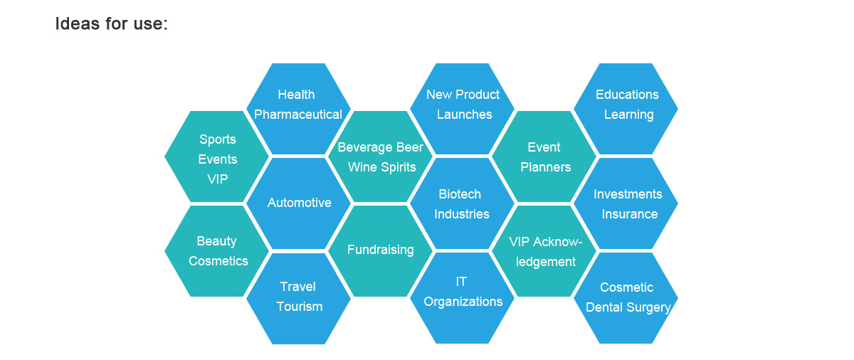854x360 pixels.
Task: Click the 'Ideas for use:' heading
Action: pyautogui.click(x=111, y=23)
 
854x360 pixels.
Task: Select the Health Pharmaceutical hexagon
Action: pyautogui.click(x=298, y=109)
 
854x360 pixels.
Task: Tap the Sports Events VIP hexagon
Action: pyautogui.click(x=216, y=157)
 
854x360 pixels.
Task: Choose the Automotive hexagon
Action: pyautogui.click(x=298, y=203)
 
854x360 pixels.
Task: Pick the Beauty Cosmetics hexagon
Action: pyautogui.click(x=216, y=251)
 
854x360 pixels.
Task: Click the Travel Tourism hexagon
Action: pyautogui.click(x=298, y=299)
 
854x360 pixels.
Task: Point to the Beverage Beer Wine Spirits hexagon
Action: pyautogui.click(x=381, y=157)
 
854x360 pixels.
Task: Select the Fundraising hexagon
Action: pyautogui.click(x=381, y=251)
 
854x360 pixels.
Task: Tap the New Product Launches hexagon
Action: pyautogui.click(x=462, y=109)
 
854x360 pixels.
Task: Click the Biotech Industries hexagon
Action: pyautogui.click(x=462, y=203)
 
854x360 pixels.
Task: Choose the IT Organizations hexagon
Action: pyautogui.click(x=462, y=298)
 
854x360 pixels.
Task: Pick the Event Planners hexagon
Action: pyautogui.click(x=544, y=157)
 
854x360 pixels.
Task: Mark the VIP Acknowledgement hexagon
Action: pyautogui.click(x=544, y=251)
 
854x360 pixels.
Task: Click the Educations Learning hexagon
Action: pyautogui.click(x=626, y=109)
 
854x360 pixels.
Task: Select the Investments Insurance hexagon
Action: pyautogui.click(x=626, y=203)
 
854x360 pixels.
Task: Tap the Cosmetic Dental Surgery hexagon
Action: pyautogui.click(x=626, y=298)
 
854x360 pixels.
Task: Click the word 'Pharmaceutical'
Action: pyautogui.click(x=298, y=115)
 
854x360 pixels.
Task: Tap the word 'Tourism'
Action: pyautogui.click(x=300, y=307)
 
